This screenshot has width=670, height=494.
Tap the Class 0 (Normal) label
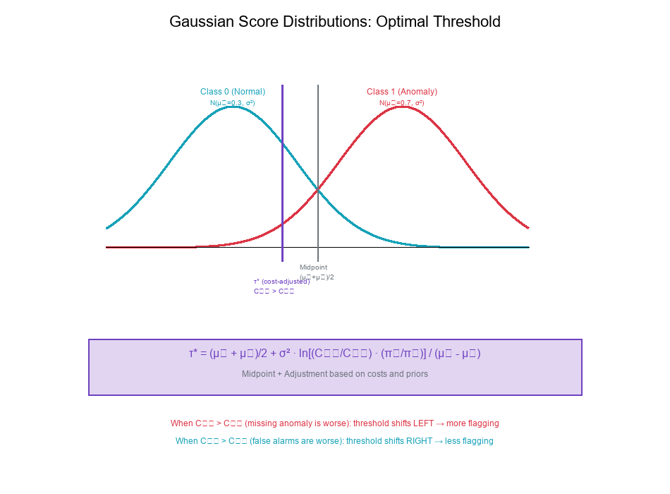click(233, 92)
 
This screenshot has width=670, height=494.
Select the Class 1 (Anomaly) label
click(402, 92)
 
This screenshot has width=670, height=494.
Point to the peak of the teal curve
click(233, 107)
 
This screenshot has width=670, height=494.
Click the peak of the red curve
click(402, 107)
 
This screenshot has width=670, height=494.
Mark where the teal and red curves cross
click(318, 189)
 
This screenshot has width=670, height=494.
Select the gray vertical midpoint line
click(318, 141)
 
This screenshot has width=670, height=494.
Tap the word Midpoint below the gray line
click(313, 267)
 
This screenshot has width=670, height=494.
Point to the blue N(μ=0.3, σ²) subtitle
click(233, 103)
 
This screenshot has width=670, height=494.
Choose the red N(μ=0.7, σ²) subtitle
click(402, 103)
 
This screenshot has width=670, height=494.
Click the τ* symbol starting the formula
click(193, 354)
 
